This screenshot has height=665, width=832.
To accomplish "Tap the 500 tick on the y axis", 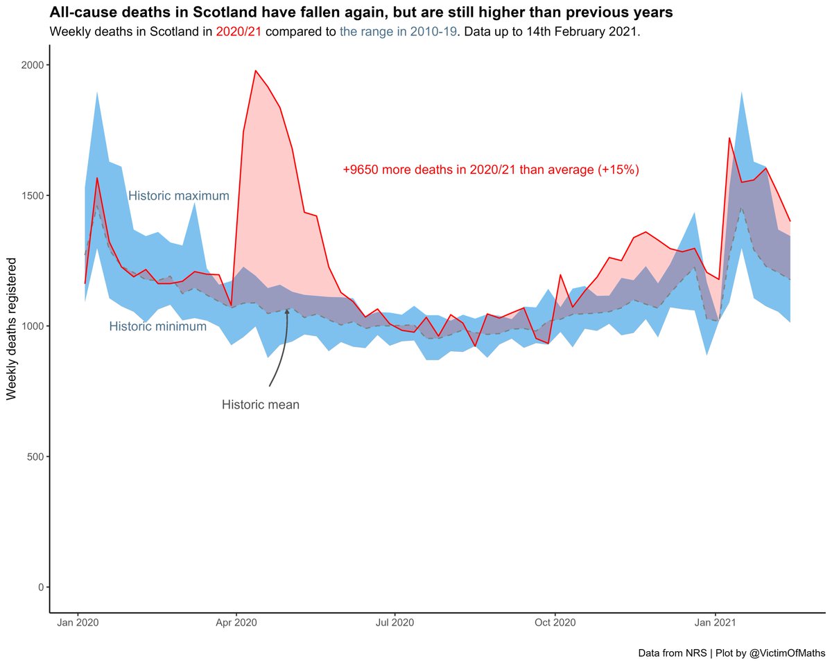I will [x=35, y=456].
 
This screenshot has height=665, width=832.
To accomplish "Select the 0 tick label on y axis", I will [x=40, y=587].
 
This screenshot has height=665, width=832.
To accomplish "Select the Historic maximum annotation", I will [x=179, y=196].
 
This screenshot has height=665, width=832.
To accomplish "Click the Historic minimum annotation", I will [x=158, y=326].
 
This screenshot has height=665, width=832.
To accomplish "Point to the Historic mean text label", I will [x=261, y=405].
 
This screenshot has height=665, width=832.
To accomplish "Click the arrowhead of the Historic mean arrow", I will [x=287, y=312].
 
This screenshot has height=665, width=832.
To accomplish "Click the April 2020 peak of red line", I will [x=255, y=71].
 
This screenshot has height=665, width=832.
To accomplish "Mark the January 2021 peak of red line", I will [x=729, y=139].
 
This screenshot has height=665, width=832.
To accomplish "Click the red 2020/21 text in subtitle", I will [x=239, y=33].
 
